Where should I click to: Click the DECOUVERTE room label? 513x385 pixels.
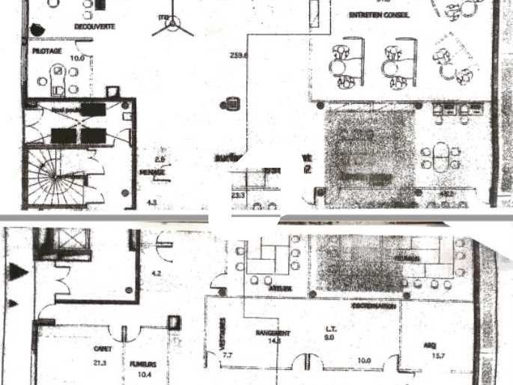(x=94, y=26)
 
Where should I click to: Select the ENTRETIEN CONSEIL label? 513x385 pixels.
(x=378, y=14)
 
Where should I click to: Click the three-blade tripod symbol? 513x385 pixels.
(x=172, y=27)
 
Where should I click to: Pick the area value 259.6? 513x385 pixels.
(x=240, y=55)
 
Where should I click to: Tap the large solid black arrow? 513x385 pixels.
(x=19, y=270)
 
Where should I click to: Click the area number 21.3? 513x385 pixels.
(x=100, y=363)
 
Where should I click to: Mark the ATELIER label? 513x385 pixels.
(x=282, y=288)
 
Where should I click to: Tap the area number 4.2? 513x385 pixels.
(x=156, y=274)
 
